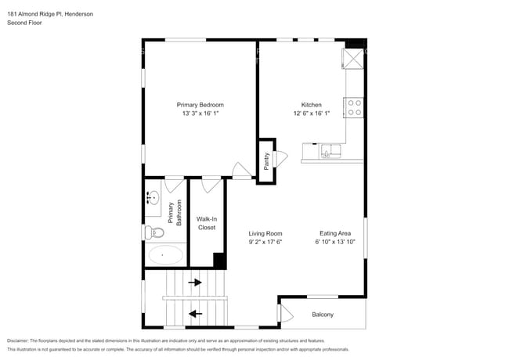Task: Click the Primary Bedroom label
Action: [x=200, y=105]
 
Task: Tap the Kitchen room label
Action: [x=312, y=105]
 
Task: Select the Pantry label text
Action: [x=266, y=160]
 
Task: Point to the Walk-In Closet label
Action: [x=206, y=223]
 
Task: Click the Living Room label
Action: [x=265, y=233]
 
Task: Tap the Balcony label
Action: [x=323, y=315]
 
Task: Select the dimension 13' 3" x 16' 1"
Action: [x=200, y=113]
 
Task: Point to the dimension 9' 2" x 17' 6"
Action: [x=265, y=242]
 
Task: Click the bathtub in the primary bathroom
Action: [x=164, y=254]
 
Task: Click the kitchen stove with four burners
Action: [x=354, y=107]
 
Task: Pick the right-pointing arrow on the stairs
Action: [x=194, y=283]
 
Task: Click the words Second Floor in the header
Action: [x=24, y=23]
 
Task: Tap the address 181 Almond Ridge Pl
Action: [x=36, y=13]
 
